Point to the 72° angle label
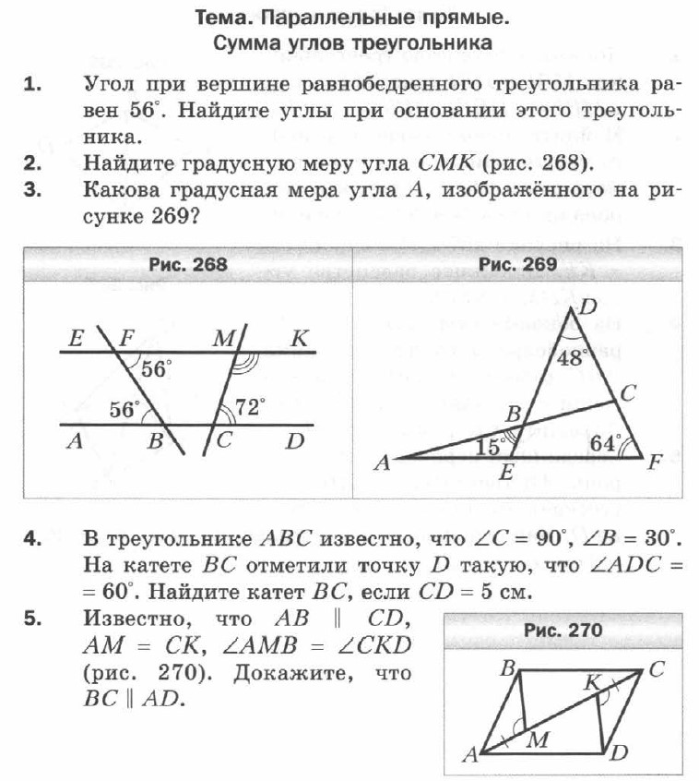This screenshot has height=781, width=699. (249, 404)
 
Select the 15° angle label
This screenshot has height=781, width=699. (491, 447)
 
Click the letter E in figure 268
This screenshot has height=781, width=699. (77, 338)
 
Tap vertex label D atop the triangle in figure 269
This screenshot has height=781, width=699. (587, 306)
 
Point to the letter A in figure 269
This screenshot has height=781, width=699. (382, 464)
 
